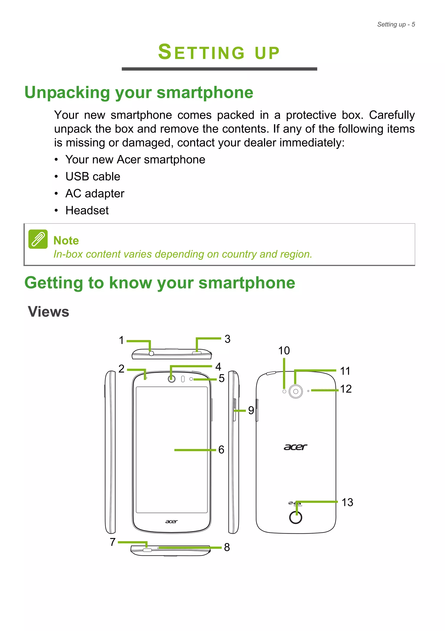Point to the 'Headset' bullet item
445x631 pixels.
pyautogui.click(x=87, y=210)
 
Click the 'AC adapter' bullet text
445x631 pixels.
pyautogui.click(x=95, y=194)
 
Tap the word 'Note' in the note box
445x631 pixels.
pyautogui.click(x=66, y=240)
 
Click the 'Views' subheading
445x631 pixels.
pyautogui.click(x=49, y=312)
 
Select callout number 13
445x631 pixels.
pyautogui.click(x=347, y=502)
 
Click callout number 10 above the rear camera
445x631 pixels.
pyautogui.click(x=284, y=351)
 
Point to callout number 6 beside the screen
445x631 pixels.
pyautogui.click(x=221, y=450)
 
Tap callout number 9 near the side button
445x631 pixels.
pyautogui.click(x=251, y=410)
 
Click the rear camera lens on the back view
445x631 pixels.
pyautogui.click(x=296, y=391)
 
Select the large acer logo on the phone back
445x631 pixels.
pyautogui.click(x=295, y=447)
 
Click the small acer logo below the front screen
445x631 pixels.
pyautogui.click(x=171, y=521)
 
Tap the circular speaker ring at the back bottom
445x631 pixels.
pyautogui.click(x=296, y=517)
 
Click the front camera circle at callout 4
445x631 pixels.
pyautogui.click(x=171, y=379)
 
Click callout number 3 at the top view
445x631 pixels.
pyautogui.click(x=227, y=339)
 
